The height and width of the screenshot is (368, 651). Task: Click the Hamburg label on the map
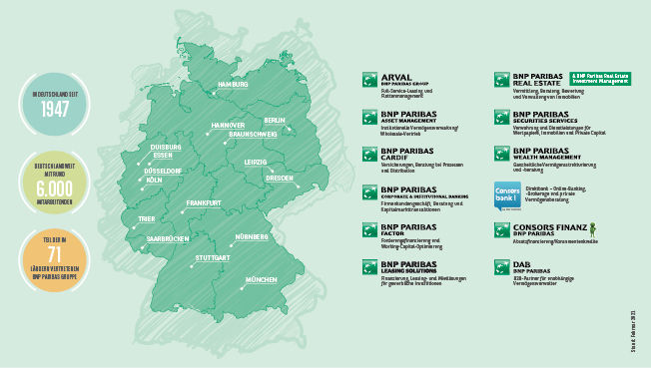pos(232,85)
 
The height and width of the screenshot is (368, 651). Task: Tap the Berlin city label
pos(275,121)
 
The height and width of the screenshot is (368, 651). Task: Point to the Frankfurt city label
pos(204,203)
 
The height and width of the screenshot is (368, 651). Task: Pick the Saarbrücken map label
pos(168,240)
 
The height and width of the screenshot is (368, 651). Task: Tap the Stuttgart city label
pos(213,258)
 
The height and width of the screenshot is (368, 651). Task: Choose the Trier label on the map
pos(147,217)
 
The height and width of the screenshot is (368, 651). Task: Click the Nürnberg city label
pos(252,236)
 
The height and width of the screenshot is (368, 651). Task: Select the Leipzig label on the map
pos(255,161)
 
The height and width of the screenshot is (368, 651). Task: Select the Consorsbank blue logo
pos(507,196)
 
